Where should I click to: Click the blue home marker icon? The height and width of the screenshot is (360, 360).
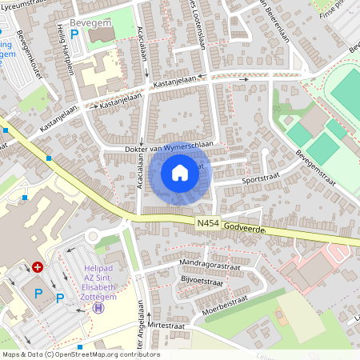coord(180,173)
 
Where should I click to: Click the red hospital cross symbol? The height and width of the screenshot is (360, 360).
coord(38,266)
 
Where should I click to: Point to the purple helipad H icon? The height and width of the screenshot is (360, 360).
coord(98,307)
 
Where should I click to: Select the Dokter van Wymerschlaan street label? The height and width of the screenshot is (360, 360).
coord(168,147)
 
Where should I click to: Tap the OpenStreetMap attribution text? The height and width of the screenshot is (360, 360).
coord(80,354)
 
